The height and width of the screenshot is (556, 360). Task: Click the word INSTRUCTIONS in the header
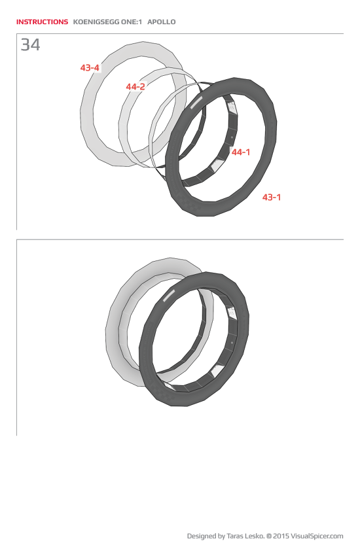coord(42,22)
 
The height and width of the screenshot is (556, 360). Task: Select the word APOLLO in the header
coord(162,22)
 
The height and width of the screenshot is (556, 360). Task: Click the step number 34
coord(30,45)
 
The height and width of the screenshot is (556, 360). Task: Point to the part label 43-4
coord(90,67)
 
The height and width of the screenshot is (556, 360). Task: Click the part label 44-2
coord(135,86)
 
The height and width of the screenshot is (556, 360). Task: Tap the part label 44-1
coord(241,152)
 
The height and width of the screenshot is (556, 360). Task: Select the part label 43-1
coord(272,197)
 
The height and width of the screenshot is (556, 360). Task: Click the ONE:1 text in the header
coord(131,22)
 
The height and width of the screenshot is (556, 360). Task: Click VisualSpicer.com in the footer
coord(317,536)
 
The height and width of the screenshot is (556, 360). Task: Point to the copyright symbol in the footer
coord(269,536)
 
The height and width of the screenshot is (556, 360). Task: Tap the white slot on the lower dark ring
coord(168,295)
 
